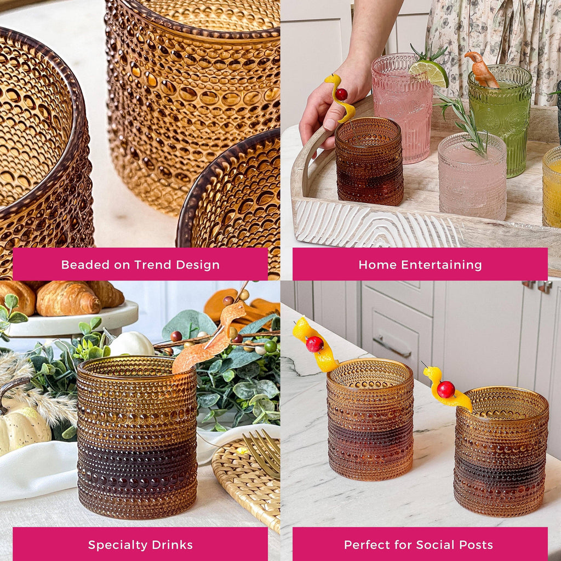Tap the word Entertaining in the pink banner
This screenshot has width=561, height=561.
(442, 265)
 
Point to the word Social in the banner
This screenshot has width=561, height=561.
(435, 545)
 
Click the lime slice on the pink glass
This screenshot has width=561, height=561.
(430, 73)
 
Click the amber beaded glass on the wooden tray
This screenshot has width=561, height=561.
(369, 161)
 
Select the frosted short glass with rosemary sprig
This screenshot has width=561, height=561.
(472, 178)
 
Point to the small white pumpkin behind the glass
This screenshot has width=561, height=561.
(131, 344)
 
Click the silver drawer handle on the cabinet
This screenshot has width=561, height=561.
(392, 346)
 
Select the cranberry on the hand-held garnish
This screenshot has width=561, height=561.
(341, 94)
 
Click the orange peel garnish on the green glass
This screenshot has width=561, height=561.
(482, 69)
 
